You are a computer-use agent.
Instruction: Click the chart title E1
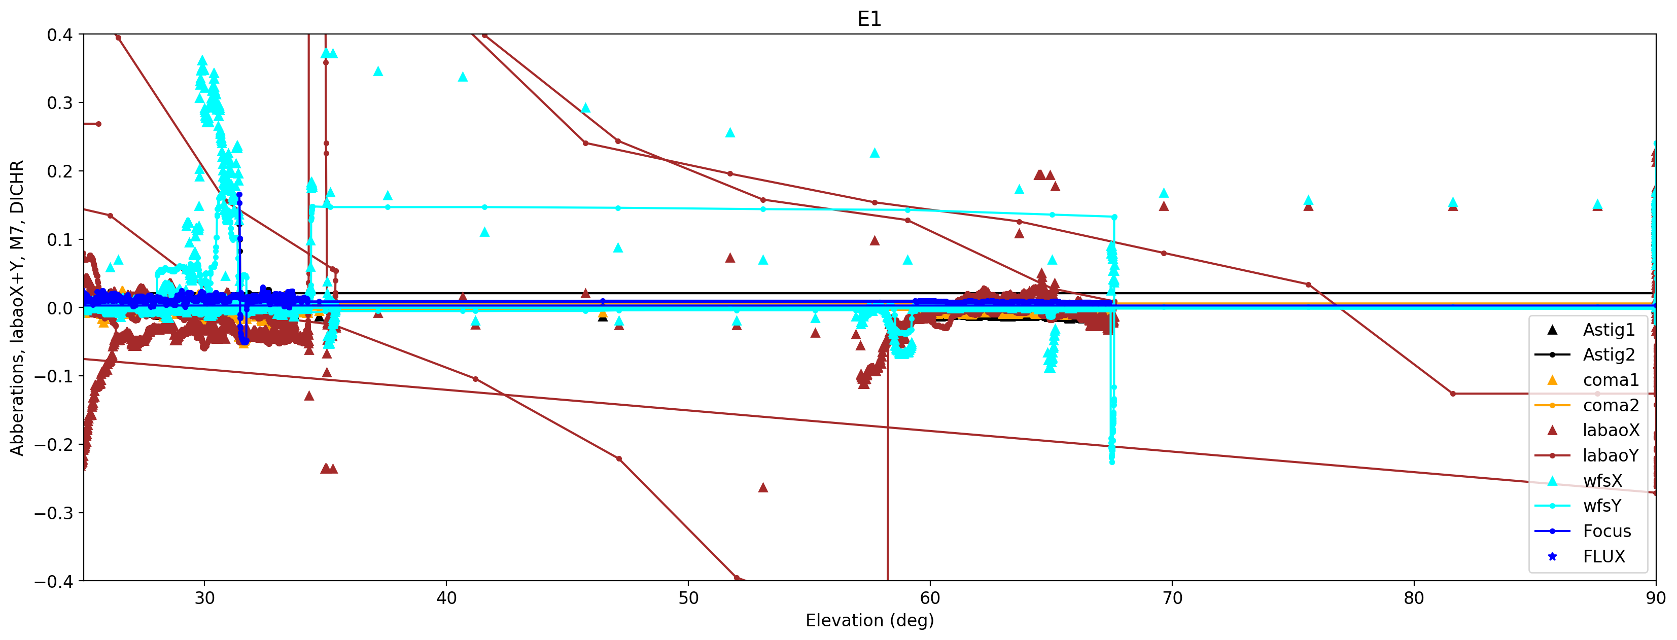pyautogui.click(x=869, y=19)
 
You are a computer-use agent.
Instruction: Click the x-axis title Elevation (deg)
pyautogui.click(x=869, y=620)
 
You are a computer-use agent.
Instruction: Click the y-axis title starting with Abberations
pyautogui.click(x=17, y=307)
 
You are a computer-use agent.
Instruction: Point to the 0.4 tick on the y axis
pyautogui.click(x=60, y=34)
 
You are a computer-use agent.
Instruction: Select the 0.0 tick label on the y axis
pyautogui.click(x=60, y=308)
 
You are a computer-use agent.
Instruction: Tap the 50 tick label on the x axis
pyautogui.click(x=688, y=598)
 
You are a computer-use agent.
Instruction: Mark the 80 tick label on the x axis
pyautogui.click(x=1413, y=598)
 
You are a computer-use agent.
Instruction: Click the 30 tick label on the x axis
pyautogui.click(x=204, y=598)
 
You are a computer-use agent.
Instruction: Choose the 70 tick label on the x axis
pyautogui.click(x=1172, y=598)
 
